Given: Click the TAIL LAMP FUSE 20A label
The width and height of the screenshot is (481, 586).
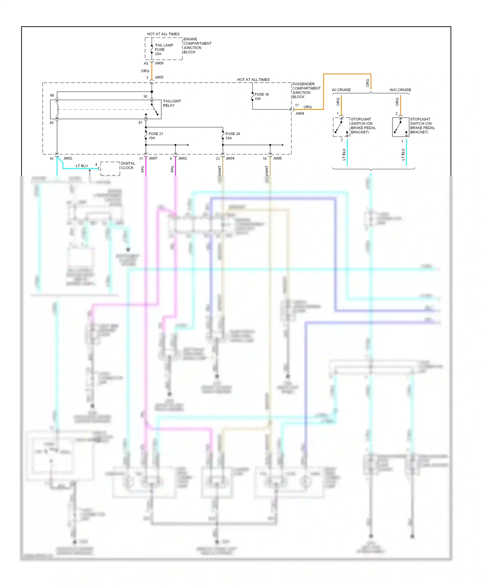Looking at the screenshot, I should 164,49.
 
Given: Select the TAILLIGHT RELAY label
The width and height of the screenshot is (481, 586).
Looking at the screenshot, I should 172,103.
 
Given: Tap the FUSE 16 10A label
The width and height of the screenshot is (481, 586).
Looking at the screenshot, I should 261,96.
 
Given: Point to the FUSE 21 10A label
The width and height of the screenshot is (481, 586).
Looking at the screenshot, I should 156,136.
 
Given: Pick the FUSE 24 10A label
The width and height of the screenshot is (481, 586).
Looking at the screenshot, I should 232,136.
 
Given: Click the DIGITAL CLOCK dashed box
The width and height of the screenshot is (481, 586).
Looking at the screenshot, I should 110,169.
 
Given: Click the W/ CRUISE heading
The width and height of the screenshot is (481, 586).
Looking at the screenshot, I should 341,90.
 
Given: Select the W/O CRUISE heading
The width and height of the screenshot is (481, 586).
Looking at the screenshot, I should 400,90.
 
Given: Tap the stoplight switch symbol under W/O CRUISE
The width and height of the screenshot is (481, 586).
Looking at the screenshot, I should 400,127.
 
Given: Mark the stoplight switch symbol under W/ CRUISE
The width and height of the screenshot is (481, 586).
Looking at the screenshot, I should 341,127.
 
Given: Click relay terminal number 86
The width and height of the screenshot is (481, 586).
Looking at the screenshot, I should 52,96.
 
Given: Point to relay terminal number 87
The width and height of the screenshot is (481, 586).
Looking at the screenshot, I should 140,123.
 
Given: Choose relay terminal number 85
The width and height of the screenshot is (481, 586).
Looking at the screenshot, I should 52,123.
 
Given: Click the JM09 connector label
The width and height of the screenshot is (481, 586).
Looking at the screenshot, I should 159,63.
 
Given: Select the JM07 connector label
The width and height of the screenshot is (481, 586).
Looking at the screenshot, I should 153,158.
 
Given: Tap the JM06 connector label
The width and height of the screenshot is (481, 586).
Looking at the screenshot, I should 277,158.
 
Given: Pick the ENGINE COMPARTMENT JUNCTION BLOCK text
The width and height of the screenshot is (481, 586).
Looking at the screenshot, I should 197,46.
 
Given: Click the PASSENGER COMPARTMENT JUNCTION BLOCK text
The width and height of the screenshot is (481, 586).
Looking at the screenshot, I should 306,90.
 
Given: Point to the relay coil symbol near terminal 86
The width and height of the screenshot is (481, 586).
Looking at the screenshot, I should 57,109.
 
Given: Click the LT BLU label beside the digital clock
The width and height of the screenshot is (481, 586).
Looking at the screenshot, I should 81,166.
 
